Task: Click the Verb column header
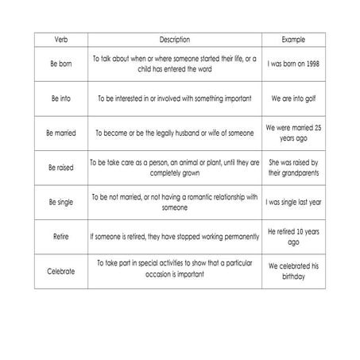tap(60, 40)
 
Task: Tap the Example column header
tap(294, 40)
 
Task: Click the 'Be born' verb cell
tap(60, 64)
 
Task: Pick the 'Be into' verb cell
tap(60, 99)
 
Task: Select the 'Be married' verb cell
tap(60, 133)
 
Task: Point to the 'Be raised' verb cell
tap(60, 168)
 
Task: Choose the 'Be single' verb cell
tap(60, 202)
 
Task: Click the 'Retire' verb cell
tap(60, 236)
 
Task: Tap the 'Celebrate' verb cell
tap(60, 271)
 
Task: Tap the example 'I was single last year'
tap(294, 202)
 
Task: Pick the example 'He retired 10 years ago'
tap(294, 236)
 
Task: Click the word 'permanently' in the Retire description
tap(238, 236)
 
